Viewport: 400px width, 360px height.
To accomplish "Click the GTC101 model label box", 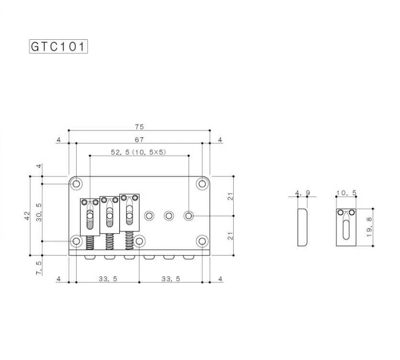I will click(58, 47).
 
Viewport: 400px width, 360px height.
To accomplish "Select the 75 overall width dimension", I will click(139, 127).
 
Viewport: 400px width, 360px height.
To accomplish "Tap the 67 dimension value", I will click(139, 140).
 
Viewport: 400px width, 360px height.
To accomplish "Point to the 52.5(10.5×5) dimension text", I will click(138, 152).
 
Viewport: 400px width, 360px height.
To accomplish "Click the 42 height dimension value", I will click(27, 216).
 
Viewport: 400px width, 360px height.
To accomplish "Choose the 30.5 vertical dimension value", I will click(39, 211).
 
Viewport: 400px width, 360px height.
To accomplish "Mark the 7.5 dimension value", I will click(39, 267).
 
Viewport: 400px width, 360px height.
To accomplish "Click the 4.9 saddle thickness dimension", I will click(302, 193).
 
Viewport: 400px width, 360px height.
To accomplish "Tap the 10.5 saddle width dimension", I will click(346, 193).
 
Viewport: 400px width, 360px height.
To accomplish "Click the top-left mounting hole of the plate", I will click(77, 184).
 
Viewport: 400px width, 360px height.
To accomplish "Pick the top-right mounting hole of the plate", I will click(202, 184).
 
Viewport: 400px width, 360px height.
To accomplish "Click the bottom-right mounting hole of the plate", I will click(202, 241).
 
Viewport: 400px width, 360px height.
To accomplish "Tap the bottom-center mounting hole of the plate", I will click(139, 241).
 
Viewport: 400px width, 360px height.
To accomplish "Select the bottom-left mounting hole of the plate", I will click(77, 241).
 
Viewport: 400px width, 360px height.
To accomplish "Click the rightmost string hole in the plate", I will click(189, 216).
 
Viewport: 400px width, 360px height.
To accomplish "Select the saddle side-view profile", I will click(302, 227).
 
